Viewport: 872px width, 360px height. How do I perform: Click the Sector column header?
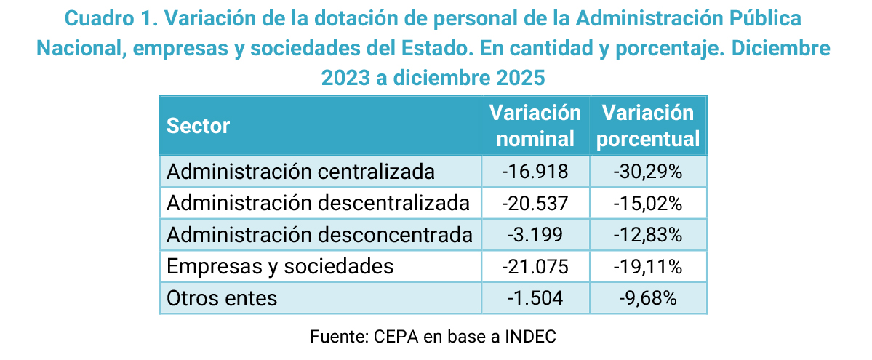point(199,126)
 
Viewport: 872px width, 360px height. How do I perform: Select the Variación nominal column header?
point(535,126)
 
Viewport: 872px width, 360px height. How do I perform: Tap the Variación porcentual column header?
point(648,126)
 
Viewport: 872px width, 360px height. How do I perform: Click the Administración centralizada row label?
point(300,172)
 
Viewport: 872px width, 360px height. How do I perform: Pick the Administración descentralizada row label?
point(318,203)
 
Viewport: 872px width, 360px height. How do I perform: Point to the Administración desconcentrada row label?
point(319,235)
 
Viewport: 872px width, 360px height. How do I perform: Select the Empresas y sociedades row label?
point(280,266)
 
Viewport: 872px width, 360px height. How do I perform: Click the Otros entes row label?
point(222,297)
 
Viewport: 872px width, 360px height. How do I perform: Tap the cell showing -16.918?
point(535,172)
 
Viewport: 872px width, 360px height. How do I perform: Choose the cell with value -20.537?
point(535,203)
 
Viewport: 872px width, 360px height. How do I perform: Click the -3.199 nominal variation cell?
point(535,235)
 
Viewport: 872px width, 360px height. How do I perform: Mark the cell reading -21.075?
point(535,266)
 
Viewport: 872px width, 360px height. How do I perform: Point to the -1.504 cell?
point(535,297)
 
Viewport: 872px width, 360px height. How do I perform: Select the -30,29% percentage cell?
point(648,172)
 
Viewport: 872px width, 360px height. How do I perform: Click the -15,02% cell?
point(648,203)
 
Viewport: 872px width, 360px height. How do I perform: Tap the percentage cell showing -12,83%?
point(648,235)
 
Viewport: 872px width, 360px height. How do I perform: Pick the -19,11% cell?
point(648,266)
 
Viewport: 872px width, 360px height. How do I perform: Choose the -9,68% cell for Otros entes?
point(648,297)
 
